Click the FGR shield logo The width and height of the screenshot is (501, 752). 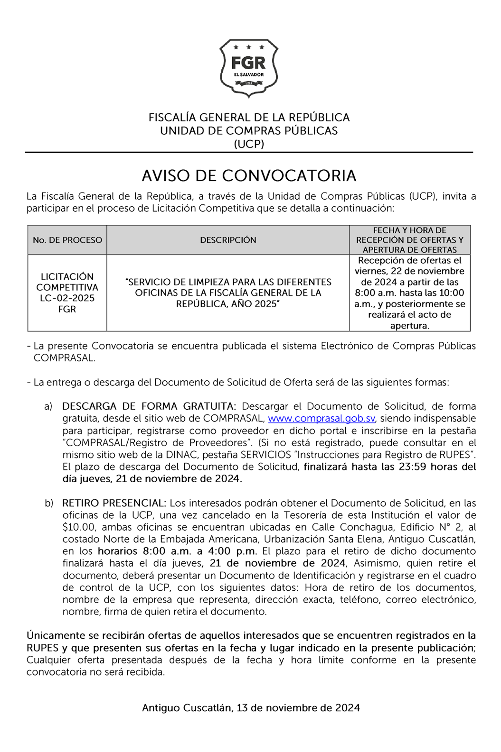pyautogui.click(x=249, y=68)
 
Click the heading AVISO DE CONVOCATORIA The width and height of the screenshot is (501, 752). pyautogui.click(x=249, y=175)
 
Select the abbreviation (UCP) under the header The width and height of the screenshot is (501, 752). pyautogui.click(x=249, y=144)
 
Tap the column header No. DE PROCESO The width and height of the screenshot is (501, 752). pyautogui.click(x=67, y=240)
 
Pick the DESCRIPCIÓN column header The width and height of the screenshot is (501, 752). pyautogui.click(x=228, y=240)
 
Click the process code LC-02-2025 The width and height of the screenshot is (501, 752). pyautogui.click(x=67, y=298)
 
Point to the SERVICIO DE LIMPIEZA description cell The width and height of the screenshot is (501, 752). pyautogui.click(x=228, y=293)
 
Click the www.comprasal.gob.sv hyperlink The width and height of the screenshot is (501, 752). pyautogui.click(x=321, y=418)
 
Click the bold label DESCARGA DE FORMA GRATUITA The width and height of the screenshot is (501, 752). pyautogui.click(x=149, y=406)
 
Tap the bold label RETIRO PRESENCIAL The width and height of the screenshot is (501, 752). pyautogui.click(x=114, y=503)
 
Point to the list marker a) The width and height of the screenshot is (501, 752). pyautogui.click(x=48, y=406)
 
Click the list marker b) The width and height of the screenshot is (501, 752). pyautogui.click(x=48, y=503)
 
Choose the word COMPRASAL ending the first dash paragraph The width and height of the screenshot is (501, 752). pyautogui.click(x=64, y=358)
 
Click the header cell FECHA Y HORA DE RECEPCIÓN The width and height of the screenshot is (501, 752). pyautogui.click(x=409, y=240)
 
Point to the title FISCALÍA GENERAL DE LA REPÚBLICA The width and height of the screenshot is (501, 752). pyautogui.click(x=249, y=117)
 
